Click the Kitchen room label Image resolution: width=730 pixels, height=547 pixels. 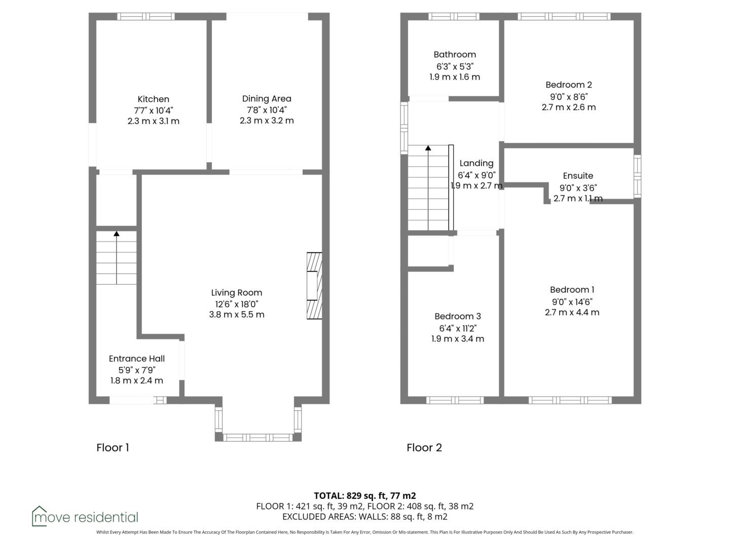pos(153,99)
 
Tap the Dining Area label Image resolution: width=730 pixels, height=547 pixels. pos(266,99)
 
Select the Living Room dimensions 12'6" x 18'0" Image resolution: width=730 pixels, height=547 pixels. pos(236,304)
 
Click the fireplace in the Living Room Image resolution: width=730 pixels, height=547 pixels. pos(314,286)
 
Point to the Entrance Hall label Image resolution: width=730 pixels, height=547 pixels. pos(137,359)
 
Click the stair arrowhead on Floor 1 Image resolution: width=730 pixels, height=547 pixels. pos(117,234)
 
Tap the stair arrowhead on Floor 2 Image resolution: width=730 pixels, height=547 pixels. pos(428,148)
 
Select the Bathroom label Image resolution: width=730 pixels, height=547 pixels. pos(455,55)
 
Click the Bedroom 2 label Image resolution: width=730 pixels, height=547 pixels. pos(569,85)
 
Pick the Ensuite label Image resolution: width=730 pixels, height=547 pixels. pos(578,176)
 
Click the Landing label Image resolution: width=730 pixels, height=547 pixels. pos(476,164)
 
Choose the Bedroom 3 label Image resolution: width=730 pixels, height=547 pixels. pos(458,316)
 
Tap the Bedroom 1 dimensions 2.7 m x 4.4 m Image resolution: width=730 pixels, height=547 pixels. pos(572,312)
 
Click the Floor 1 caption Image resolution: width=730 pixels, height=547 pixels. pos(113,448)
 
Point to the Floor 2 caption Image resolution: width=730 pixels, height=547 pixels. pos(424,448)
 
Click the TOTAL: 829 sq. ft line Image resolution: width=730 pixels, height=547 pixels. pos(365,496)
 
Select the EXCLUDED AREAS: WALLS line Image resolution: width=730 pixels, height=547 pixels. pos(365,517)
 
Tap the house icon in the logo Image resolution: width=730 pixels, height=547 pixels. pos(39,517)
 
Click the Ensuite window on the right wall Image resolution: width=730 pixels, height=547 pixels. pos(637,176)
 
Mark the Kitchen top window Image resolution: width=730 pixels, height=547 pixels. pos(145,16)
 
